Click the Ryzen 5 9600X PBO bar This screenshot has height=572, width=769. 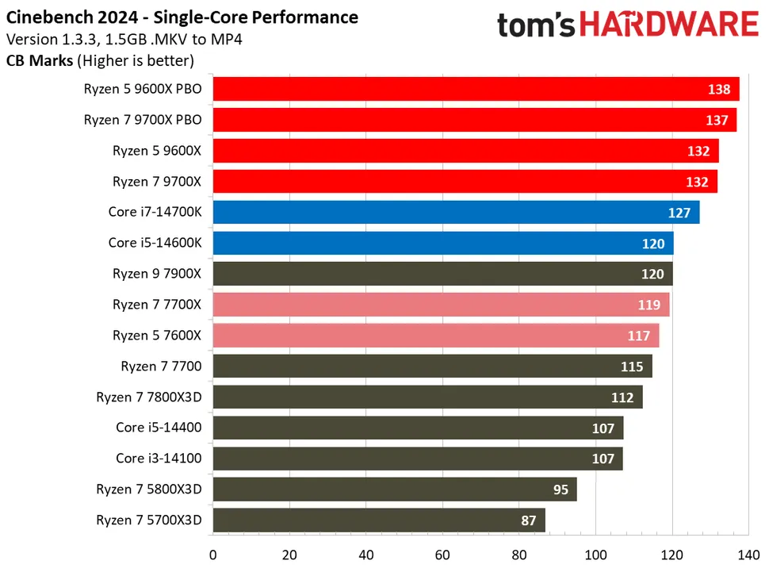(x=476, y=89)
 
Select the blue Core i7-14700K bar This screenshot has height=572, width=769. (x=456, y=212)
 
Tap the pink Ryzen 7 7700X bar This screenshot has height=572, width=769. (x=441, y=305)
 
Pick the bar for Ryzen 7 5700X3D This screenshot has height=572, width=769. (x=379, y=520)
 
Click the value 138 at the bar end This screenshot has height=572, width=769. (x=719, y=90)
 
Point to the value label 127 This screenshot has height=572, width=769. (x=679, y=213)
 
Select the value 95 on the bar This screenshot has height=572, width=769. (x=560, y=489)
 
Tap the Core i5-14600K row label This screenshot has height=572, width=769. (x=155, y=243)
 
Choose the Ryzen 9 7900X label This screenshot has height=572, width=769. (x=157, y=274)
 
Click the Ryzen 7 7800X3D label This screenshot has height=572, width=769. (x=149, y=397)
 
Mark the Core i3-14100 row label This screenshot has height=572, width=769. (x=159, y=459)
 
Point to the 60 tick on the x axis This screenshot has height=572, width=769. (x=443, y=555)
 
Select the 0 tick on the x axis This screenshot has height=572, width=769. (x=213, y=555)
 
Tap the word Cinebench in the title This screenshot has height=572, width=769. (x=48, y=17)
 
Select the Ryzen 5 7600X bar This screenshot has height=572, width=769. (x=436, y=336)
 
